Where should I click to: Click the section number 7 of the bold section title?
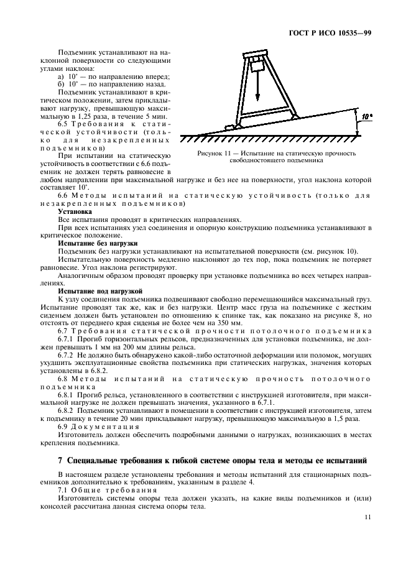60,461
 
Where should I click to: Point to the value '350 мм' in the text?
233,323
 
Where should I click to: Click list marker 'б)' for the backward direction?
61,84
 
